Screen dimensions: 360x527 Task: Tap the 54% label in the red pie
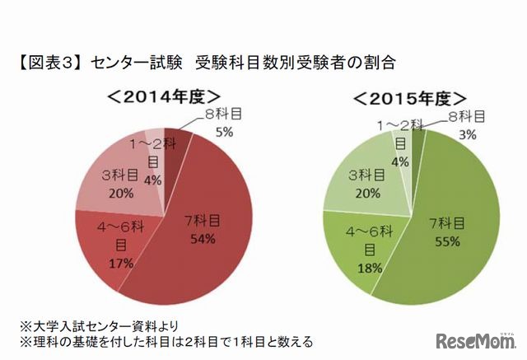point(202,239)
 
